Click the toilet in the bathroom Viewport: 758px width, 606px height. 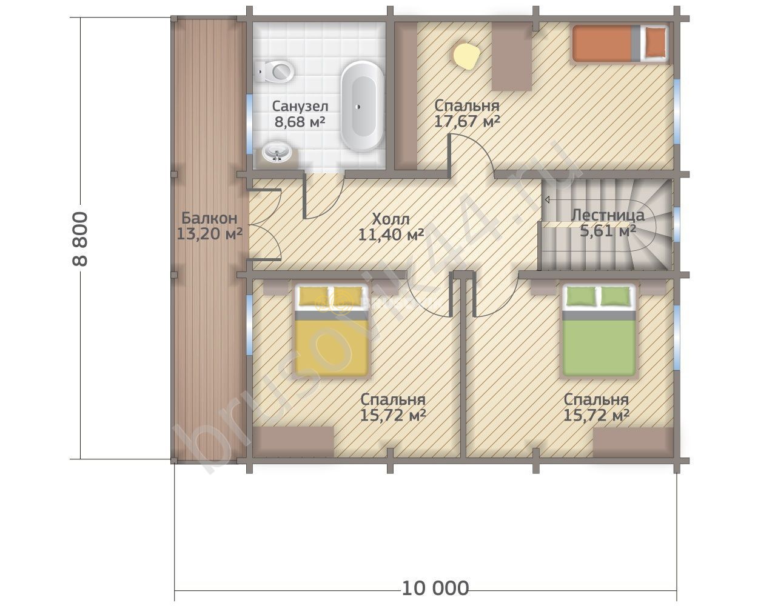click(x=274, y=72)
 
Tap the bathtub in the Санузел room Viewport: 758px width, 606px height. click(x=362, y=106)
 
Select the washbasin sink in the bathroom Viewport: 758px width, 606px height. click(x=277, y=153)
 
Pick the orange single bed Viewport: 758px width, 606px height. click(x=620, y=43)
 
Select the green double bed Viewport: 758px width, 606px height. click(x=599, y=331)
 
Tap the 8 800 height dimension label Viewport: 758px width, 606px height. click(x=80, y=239)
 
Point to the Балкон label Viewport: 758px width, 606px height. click(x=209, y=218)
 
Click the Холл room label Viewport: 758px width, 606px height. click(x=391, y=219)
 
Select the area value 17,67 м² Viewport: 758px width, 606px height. click(x=467, y=121)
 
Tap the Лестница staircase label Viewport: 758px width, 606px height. click(x=608, y=215)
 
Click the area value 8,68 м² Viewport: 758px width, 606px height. click(x=300, y=121)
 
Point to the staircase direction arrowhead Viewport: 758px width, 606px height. click(x=547, y=199)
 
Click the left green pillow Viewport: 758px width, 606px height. click(x=581, y=296)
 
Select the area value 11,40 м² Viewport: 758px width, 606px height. click(x=391, y=234)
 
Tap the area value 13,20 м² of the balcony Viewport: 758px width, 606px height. click(x=209, y=233)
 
